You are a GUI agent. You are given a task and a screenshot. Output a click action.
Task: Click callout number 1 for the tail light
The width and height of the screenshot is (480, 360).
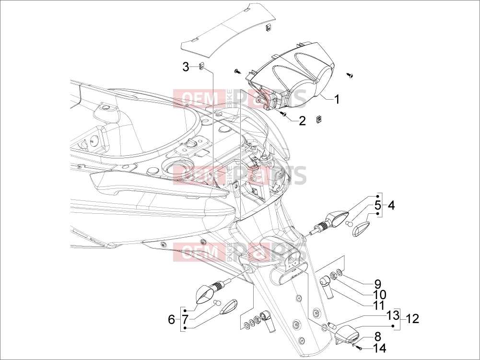click(x=336, y=99)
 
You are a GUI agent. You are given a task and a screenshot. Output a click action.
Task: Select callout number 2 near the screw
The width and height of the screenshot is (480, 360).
click(x=302, y=121)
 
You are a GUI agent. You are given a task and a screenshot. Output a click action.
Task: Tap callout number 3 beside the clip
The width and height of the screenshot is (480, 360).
click(x=186, y=67)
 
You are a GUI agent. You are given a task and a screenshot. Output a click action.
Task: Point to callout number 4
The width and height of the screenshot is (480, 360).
click(x=391, y=206)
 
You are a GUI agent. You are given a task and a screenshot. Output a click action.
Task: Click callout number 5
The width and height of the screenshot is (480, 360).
click(x=377, y=206)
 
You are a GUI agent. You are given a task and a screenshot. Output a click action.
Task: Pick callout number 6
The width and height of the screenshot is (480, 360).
click(x=172, y=320)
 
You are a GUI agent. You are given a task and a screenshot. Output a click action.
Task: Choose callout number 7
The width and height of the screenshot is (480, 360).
click(x=185, y=320)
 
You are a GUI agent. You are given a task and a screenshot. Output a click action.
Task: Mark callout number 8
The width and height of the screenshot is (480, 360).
click(x=378, y=337)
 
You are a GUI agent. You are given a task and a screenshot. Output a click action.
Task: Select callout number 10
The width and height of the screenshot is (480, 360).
click(x=379, y=295)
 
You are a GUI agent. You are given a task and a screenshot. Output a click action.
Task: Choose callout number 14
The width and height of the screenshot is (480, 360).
click(x=379, y=348)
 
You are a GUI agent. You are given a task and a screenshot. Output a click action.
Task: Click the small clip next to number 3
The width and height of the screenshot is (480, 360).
click(x=201, y=67)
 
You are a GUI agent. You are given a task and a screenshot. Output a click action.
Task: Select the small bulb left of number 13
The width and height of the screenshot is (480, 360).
click(x=331, y=324)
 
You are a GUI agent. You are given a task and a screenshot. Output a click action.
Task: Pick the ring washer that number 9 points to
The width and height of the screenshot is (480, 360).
click(x=339, y=272)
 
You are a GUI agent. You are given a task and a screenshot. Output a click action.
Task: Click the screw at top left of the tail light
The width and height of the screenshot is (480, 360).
click(x=238, y=71)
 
